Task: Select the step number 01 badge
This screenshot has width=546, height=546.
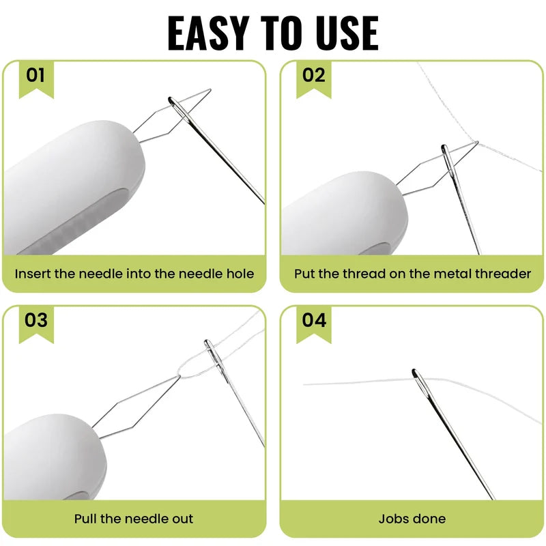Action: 36,78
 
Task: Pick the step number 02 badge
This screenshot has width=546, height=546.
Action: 314,78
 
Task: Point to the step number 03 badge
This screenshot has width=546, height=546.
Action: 36,324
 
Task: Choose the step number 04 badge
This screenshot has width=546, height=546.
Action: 314,324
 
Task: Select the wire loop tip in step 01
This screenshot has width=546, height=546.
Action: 210,90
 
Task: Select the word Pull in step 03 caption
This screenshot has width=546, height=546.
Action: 86,519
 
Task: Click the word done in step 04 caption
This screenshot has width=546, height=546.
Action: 429,519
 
